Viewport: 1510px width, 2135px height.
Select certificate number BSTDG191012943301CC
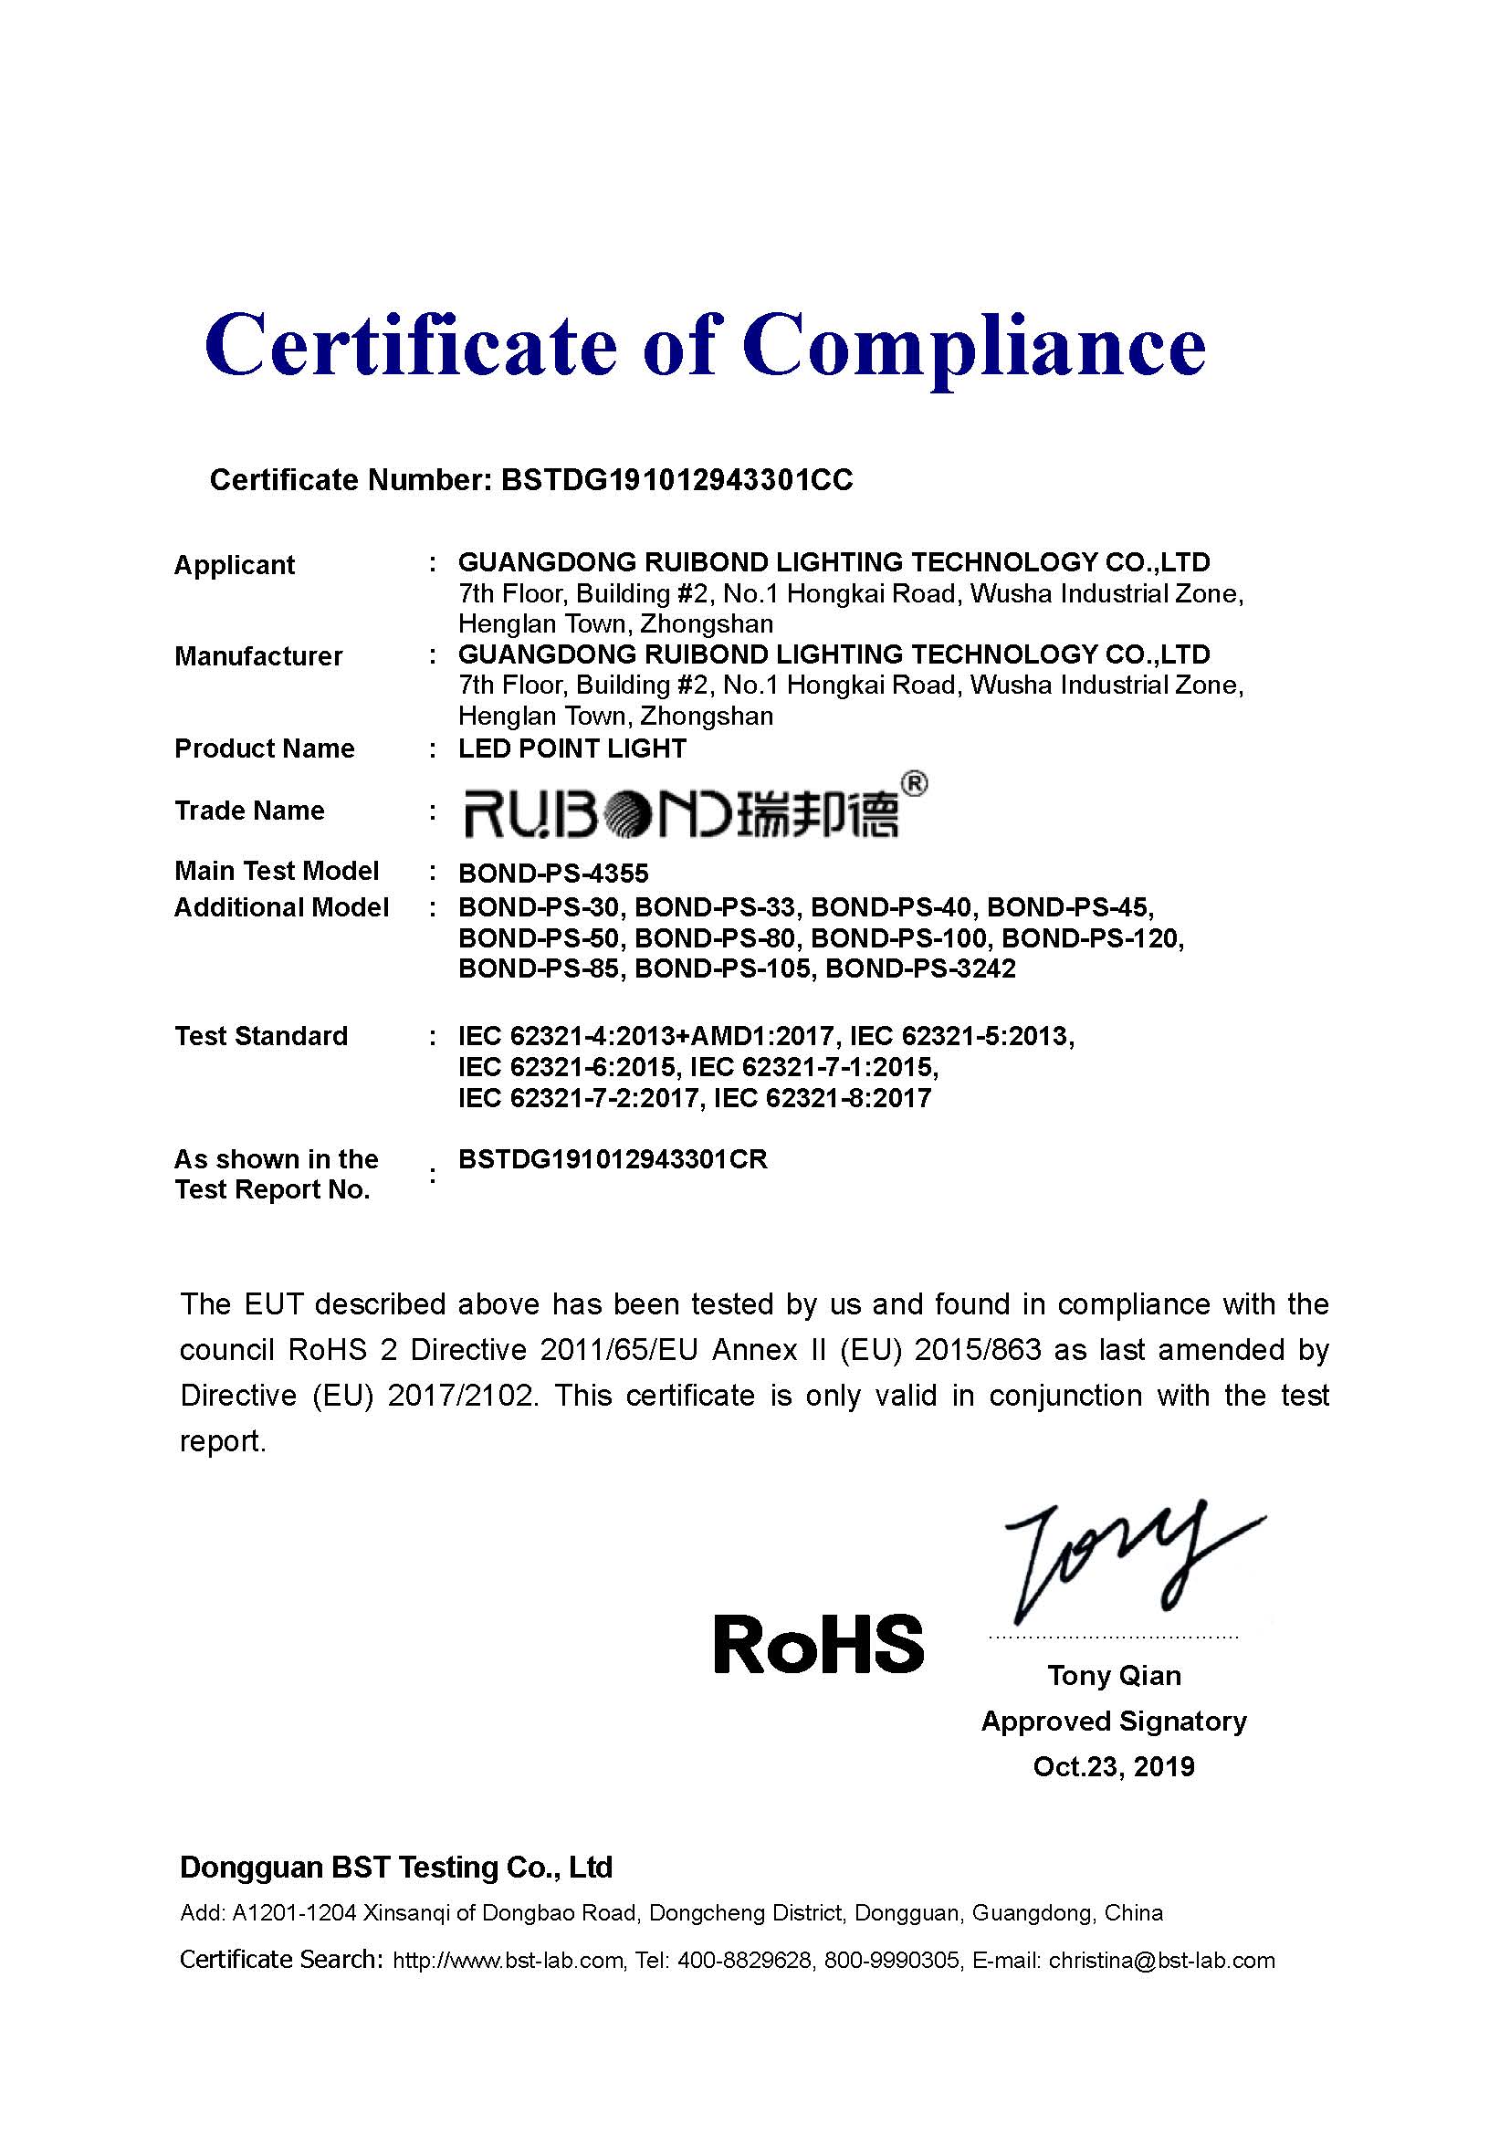[x=676, y=480]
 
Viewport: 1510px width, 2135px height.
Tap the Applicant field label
[x=235, y=565]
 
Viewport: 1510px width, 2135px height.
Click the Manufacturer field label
[x=258, y=656]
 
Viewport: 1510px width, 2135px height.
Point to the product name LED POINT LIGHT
[x=571, y=748]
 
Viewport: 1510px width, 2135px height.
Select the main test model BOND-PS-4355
[x=553, y=874]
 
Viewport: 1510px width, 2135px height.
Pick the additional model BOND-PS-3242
[x=920, y=969]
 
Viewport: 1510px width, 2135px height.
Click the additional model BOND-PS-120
[x=1092, y=937]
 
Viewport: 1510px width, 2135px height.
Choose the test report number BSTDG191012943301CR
[x=613, y=1159]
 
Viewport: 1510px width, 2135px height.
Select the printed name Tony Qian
[x=1114, y=1676]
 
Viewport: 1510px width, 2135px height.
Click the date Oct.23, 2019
[x=1113, y=1767]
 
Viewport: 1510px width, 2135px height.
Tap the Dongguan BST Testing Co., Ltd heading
[x=396, y=1868]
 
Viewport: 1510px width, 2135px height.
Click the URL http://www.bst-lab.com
[x=508, y=1960]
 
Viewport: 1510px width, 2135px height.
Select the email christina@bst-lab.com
[x=1161, y=1960]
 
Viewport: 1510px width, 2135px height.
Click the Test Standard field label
[x=261, y=1036]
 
